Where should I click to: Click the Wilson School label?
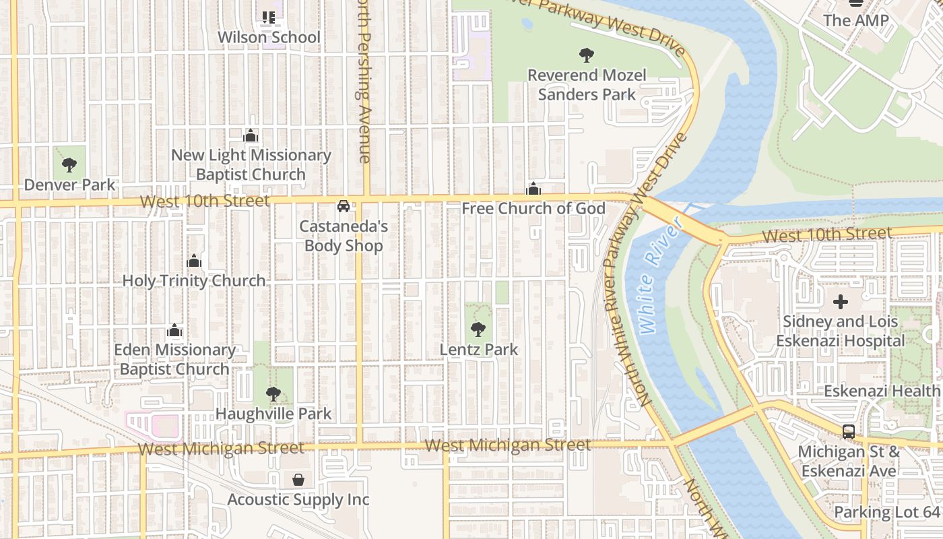[269, 37]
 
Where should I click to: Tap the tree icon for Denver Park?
[69, 164]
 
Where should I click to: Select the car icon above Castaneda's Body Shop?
[344, 205]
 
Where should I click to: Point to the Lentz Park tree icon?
[478, 329]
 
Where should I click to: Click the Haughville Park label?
[273, 413]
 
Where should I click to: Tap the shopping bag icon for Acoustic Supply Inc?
[298, 480]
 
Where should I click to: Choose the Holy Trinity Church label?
[194, 281]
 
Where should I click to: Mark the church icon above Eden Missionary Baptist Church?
[174, 330]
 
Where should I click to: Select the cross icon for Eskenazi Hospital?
[840, 302]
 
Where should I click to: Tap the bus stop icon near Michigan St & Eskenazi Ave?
[849, 431]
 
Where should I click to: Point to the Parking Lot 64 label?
[886, 512]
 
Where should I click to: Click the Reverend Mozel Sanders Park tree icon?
[587, 55]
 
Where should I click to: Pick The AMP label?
[856, 20]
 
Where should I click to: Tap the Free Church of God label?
[533, 208]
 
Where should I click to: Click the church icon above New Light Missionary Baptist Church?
[251, 136]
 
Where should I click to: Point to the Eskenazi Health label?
[882, 391]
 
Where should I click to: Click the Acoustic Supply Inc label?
[298, 499]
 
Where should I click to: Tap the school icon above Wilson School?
[269, 17]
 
